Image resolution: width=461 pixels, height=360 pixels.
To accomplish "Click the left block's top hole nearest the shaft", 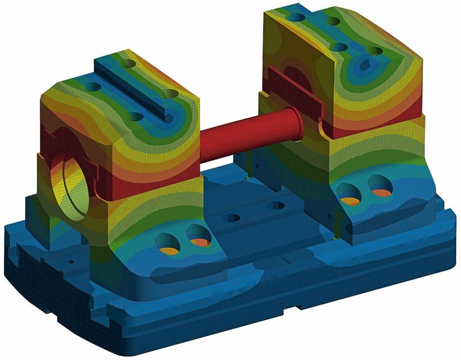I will [171, 94].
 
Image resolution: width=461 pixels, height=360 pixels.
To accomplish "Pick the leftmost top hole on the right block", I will [296, 17].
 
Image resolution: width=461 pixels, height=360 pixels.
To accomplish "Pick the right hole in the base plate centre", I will [276, 205].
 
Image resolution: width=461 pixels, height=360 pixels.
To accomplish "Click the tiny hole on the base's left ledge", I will [71, 262].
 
